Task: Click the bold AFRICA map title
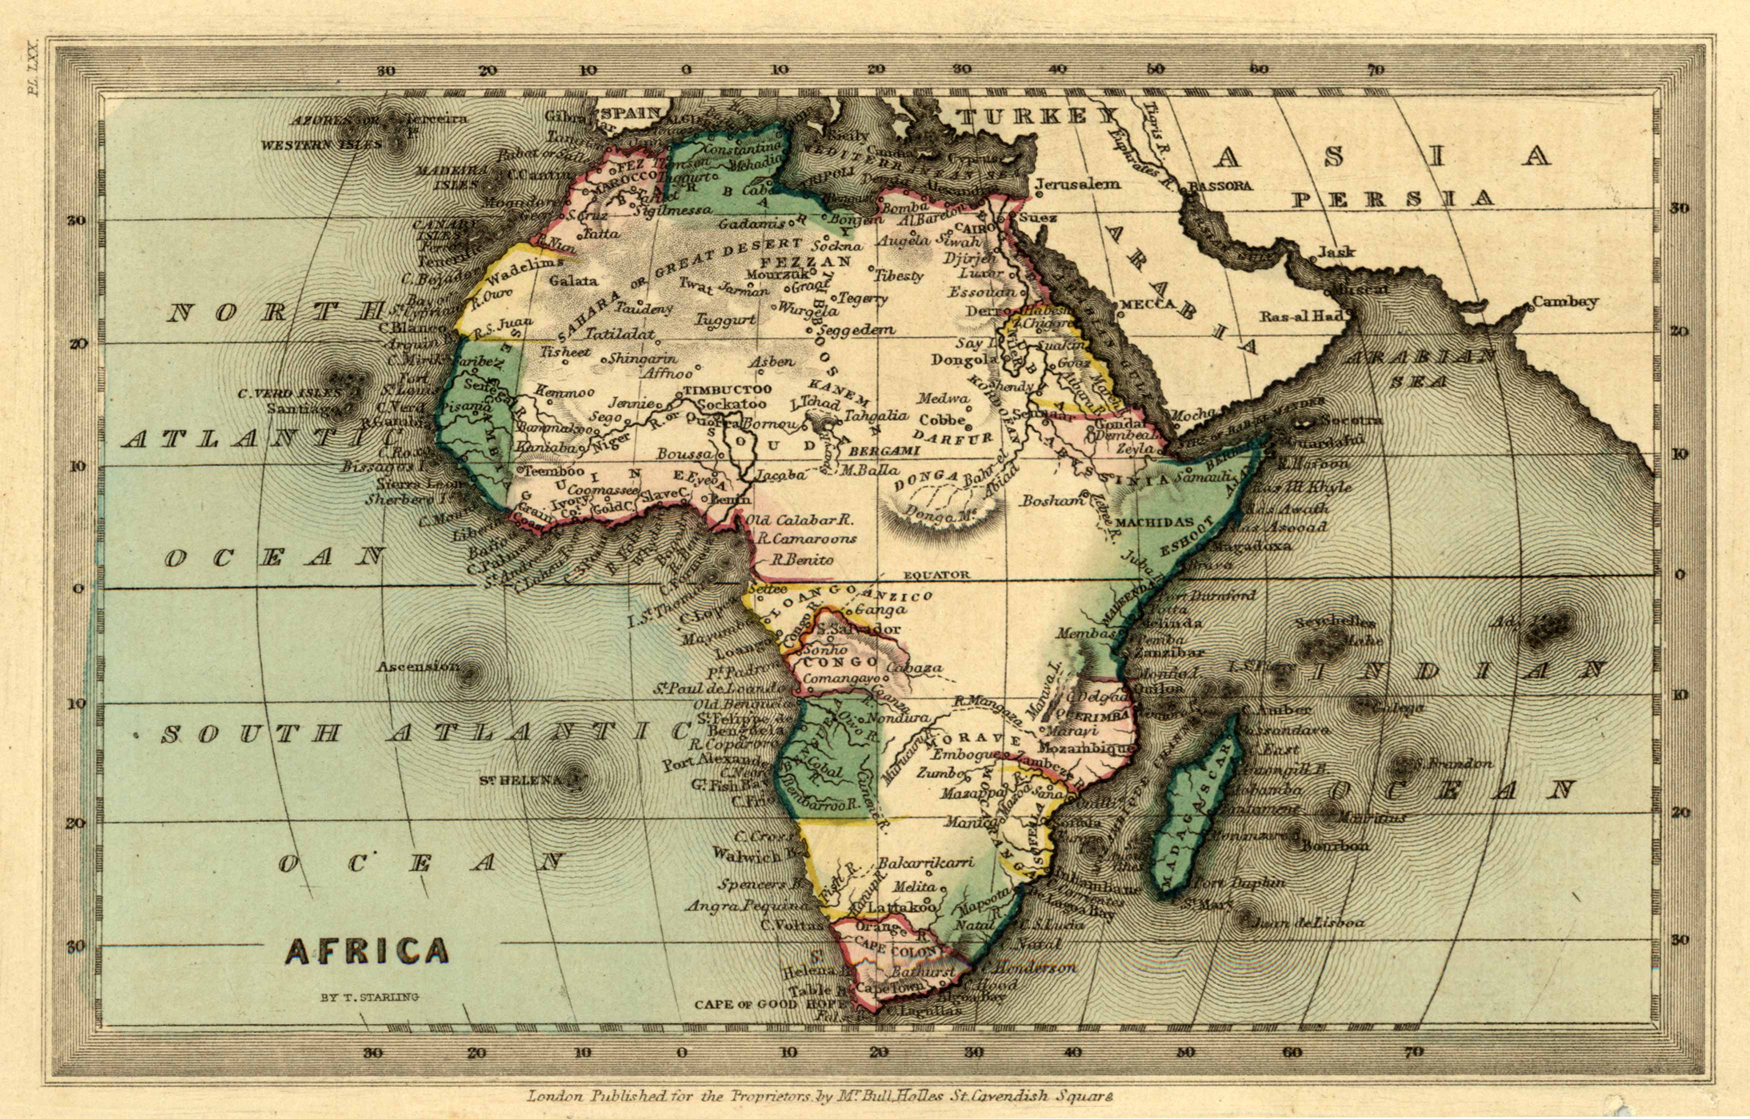coord(367,950)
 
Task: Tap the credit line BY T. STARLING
coord(370,997)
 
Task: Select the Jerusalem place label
coord(1078,184)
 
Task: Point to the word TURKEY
coord(1035,117)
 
